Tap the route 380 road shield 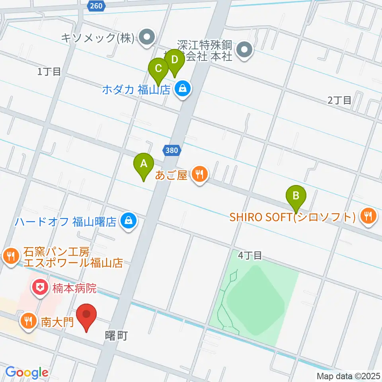coord(172,150)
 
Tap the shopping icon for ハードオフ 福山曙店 coord(128,220)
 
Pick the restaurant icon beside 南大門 coord(28,320)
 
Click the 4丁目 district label coord(250,255)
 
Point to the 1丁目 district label coord(49,72)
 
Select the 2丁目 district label coord(339,100)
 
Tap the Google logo coord(27,372)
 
